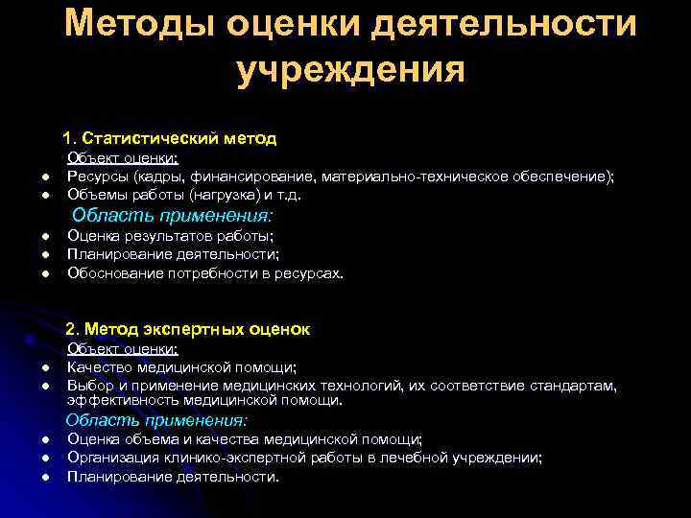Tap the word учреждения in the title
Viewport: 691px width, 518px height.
tap(350, 70)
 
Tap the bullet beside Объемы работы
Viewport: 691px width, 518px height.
tap(44, 196)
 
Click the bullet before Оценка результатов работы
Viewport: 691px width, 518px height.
tap(44, 237)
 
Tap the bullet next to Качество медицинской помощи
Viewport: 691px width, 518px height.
tap(44, 368)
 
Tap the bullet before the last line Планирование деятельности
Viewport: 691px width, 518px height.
tap(44, 477)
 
